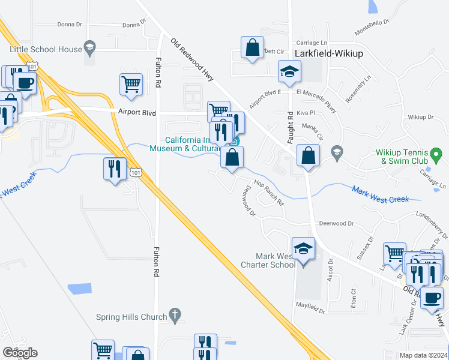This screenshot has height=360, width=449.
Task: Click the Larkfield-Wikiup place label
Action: [x=328, y=53]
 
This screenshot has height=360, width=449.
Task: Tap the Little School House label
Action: [x=45, y=49]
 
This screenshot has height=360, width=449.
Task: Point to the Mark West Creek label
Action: [x=380, y=194]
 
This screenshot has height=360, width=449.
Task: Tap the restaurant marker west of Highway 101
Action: [x=115, y=169]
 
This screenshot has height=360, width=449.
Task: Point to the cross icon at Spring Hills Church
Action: [x=175, y=314]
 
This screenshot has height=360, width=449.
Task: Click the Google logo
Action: [x=20, y=353]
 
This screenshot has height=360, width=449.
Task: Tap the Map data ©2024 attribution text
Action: [x=423, y=355]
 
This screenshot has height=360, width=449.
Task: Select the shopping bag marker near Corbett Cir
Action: [x=253, y=47]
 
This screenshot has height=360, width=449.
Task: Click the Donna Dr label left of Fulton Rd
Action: [x=69, y=25]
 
